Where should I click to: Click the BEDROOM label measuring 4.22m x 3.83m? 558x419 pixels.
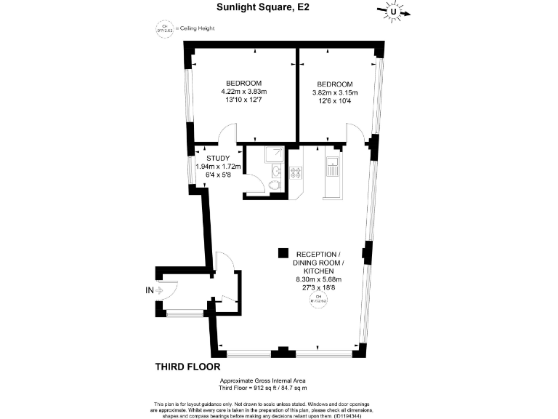[x=244, y=84]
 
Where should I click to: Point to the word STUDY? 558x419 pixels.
[x=218, y=158]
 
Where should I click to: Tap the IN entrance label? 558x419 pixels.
[x=149, y=291]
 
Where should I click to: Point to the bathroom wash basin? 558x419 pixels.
[x=277, y=171]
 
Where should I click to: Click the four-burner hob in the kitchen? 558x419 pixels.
[x=296, y=172]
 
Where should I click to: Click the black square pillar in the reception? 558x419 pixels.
[x=282, y=253]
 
